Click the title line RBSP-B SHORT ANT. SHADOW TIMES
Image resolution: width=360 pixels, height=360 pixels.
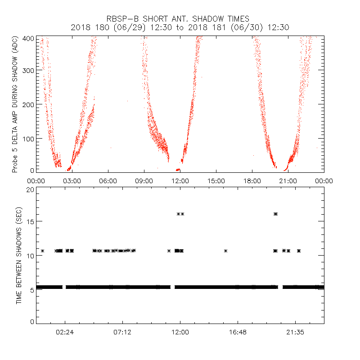point(178,19)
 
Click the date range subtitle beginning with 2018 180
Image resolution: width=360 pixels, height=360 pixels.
point(180,27)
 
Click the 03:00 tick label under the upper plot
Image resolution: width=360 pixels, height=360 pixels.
point(72,180)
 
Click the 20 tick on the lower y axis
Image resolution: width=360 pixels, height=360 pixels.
point(30,189)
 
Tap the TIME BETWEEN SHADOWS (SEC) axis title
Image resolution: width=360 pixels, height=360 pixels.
point(18,255)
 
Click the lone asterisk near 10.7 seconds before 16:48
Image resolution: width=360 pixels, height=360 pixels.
point(225,251)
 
